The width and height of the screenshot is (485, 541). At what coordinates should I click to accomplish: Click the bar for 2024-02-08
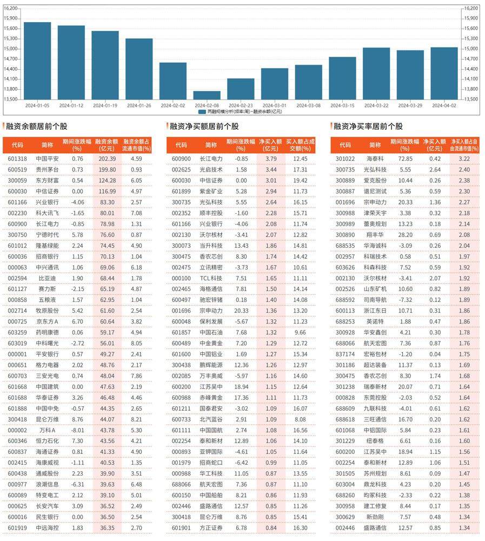coord(207,95)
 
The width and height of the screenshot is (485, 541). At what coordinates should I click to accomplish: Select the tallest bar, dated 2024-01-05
coord(37,61)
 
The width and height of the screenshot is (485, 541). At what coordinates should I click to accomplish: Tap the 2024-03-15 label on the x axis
coord(342,105)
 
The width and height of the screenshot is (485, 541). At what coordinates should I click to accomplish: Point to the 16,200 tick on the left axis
coord(10,8)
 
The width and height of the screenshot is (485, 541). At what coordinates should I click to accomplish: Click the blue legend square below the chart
coord(202,112)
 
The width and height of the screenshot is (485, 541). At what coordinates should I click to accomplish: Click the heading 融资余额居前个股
coord(37,126)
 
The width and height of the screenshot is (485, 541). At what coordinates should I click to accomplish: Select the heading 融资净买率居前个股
coord(368,126)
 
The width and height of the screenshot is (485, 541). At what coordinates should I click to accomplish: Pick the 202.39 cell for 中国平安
coord(107,159)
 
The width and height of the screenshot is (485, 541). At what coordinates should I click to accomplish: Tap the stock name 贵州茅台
coord(47,170)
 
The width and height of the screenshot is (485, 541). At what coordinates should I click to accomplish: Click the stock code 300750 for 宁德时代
coord(17,235)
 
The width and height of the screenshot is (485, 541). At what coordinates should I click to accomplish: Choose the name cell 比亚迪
coord(47,279)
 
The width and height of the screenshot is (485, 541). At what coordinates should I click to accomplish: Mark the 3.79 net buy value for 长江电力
coord(271,159)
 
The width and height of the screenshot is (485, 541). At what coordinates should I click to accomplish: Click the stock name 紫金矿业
coord(211,192)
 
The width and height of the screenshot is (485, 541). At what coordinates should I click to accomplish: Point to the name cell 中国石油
coord(211,333)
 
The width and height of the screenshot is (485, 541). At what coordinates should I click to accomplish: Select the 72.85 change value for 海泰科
coord(406,159)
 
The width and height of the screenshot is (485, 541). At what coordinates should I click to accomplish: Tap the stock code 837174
coord(345,354)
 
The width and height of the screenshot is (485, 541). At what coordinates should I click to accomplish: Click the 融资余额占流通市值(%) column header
coord(137,145)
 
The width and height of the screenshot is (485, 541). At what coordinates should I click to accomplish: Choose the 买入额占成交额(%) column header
coord(301,145)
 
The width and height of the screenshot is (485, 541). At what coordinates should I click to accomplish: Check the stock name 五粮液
coord(47,300)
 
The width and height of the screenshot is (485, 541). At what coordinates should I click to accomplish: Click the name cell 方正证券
coord(211,528)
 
